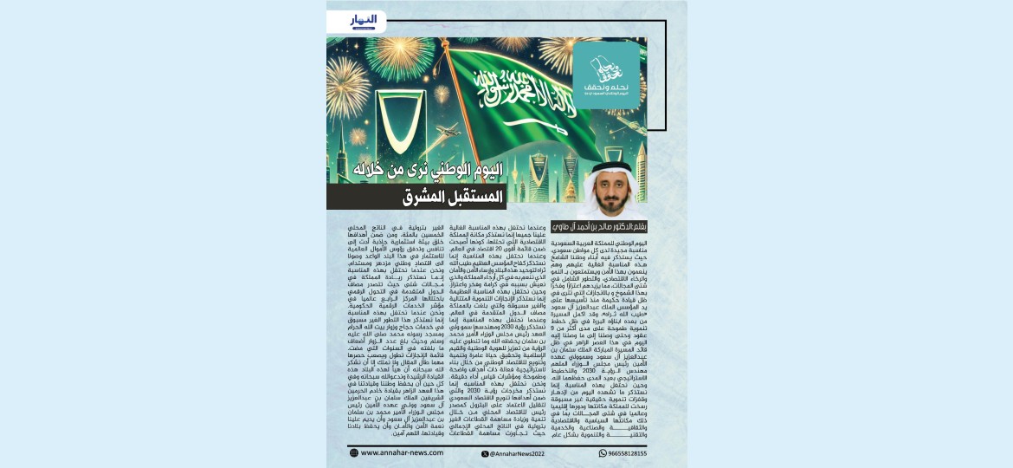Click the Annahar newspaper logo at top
coord(364,20)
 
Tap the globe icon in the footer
coord(353,452)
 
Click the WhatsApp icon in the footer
coord(603,453)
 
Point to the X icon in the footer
coord(485,453)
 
